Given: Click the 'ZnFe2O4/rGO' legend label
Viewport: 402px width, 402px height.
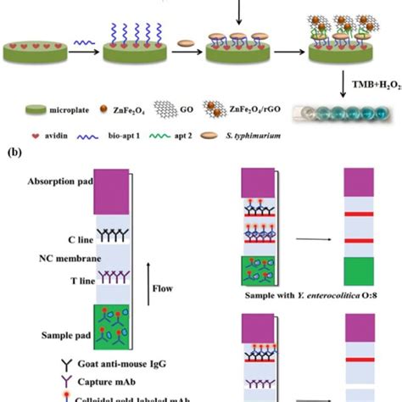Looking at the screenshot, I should [x=259, y=110].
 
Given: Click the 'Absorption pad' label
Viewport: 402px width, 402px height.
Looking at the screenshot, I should [x=60, y=182].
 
